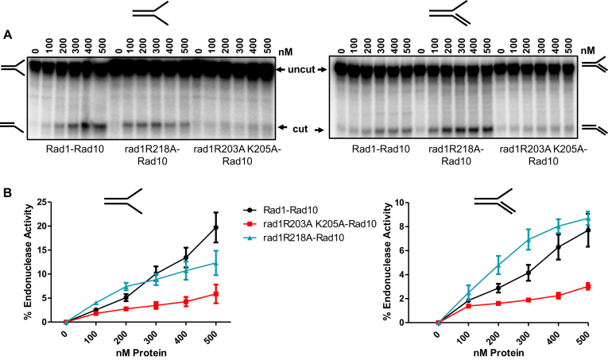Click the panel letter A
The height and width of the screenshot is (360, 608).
(7, 34)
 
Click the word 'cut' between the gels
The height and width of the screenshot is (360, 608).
(300, 127)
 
